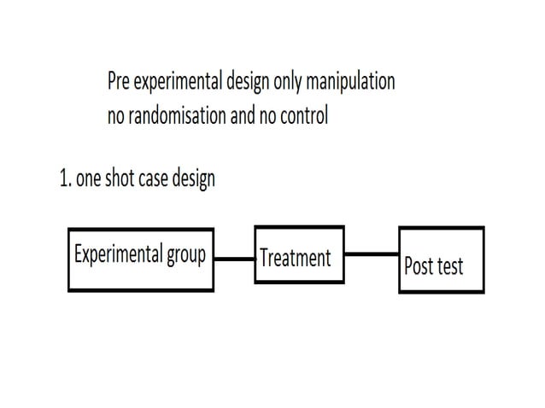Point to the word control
[302, 116]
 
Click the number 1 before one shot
[64, 178]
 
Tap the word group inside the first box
[184, 256]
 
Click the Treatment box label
[295, 257]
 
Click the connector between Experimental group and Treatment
[234, 258]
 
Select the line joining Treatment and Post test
[372, 253]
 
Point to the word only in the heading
[290, 82]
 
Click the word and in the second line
[243, 116]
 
